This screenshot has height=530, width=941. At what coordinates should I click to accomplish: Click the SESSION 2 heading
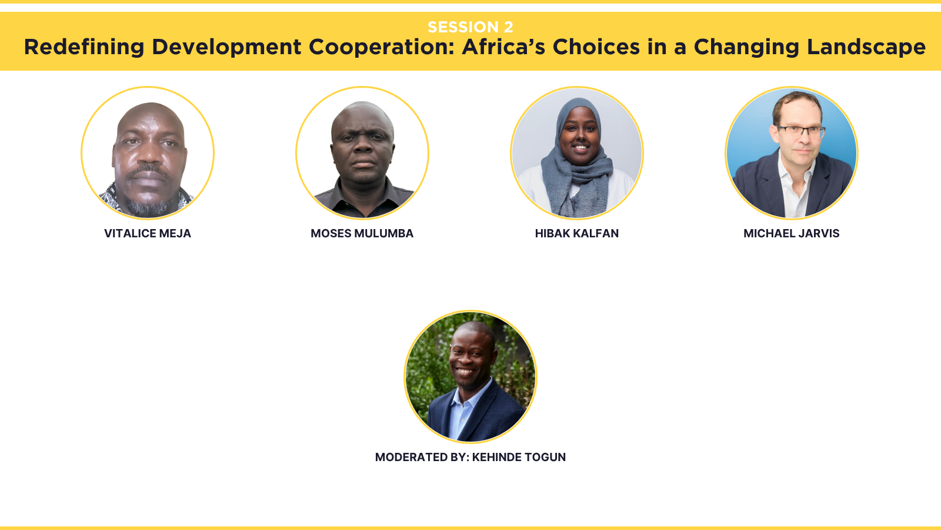coord(470,27)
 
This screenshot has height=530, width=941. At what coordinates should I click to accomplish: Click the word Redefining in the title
coord(84,47)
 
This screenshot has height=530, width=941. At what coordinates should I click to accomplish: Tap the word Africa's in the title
coord(503,47)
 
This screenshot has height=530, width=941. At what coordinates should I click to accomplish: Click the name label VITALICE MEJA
coord(148,233)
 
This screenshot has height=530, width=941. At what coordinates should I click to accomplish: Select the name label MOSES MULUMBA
coord(362,233)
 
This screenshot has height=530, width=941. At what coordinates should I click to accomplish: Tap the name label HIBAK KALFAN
coord(577,233)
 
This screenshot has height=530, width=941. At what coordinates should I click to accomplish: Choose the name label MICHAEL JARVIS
coord(792,233)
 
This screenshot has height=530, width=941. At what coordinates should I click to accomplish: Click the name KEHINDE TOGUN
coord(519,457)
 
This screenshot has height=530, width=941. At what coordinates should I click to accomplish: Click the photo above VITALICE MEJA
coord(148,153)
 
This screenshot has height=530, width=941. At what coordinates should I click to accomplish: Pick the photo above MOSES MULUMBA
coord(362,153)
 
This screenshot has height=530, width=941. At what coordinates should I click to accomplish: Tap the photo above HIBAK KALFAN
coord(577,153)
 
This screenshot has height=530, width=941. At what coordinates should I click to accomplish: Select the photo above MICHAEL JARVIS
coord(792,153)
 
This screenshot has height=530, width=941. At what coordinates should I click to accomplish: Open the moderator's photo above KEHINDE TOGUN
coord(470,376)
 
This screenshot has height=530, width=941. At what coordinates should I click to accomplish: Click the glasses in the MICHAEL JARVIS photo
coord(800,132)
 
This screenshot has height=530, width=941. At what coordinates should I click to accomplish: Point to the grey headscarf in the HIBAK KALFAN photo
coord(578,164)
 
